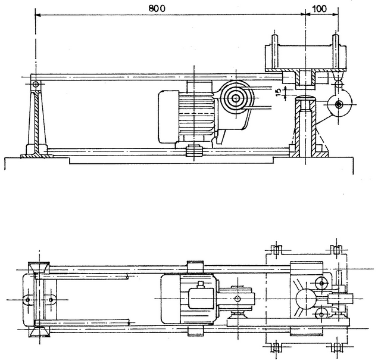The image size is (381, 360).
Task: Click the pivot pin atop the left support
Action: pos(36,83)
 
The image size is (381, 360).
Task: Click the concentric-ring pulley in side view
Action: pos(236,99)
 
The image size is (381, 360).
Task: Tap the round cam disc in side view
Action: pos(339,106)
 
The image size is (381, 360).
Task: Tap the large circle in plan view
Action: pos(304,297)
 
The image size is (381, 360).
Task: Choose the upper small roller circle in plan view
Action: pos(321,283)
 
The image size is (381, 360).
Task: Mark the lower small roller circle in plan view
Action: pos(321,311)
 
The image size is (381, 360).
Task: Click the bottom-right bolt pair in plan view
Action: pos(338,346)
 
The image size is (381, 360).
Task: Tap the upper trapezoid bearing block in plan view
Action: pos(41,266)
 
